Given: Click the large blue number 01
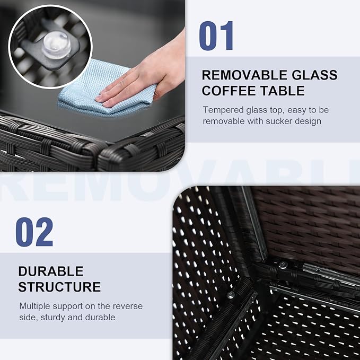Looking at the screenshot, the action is (216, 36).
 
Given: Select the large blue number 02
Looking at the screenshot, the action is (34, 232).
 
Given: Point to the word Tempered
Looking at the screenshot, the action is (223, 110).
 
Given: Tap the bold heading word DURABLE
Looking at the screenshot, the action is (51, 271).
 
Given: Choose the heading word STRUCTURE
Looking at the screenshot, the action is (59, 287).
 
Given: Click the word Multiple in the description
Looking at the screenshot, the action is (34, 306).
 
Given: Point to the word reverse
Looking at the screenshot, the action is (128, 306).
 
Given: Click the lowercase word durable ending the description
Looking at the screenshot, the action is (100, 317).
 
